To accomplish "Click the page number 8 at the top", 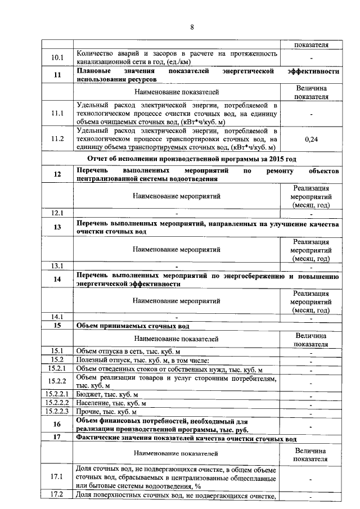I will point(192,26).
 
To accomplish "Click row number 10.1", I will point(57,57).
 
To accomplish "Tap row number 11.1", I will point(57,112).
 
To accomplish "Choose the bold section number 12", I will point(57,174).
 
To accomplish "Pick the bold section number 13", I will point(57,227).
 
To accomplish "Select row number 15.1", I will point(57,351).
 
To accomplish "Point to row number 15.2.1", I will point(57,369).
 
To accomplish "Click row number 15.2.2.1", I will point(57,394).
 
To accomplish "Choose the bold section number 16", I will point(57,424).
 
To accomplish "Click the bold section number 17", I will point(57,437).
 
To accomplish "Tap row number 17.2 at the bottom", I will point(57,495).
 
